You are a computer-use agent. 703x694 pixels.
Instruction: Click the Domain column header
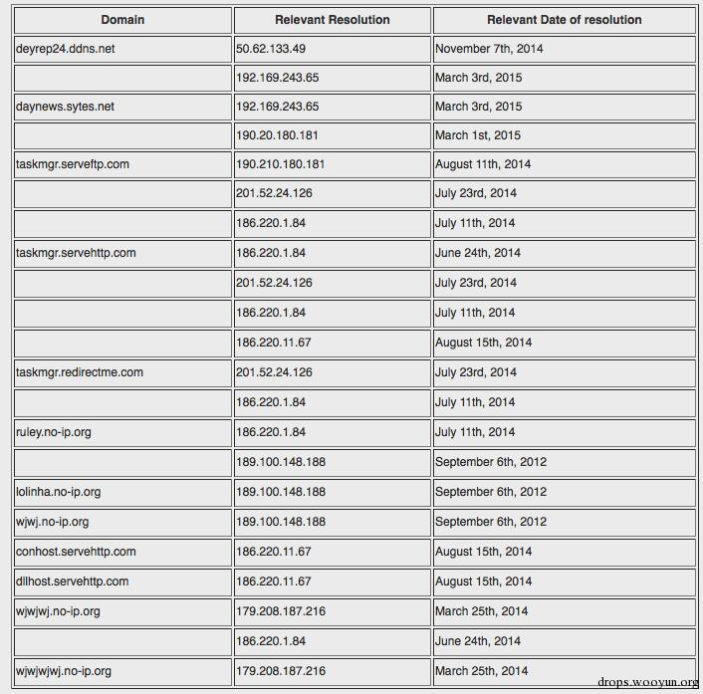point(122,20)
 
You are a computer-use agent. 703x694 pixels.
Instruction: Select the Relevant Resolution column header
point(333,20)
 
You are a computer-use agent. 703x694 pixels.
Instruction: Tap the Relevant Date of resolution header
point(564,20)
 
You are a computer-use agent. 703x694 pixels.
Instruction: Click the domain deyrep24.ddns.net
point(66,49)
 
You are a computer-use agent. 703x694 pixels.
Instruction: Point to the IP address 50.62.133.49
point(271,49)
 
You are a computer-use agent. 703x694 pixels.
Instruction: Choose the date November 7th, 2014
point(489,49)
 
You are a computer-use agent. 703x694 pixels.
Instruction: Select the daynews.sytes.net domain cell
point(65,107)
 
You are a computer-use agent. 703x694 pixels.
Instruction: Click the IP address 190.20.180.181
point(278,135)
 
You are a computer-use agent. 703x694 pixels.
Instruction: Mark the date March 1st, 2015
point(478,135)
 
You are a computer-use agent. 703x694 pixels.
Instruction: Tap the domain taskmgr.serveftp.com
point(73,164)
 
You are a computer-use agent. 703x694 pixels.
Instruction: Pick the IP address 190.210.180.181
point(281,164)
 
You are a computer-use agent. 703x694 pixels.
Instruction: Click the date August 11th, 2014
point(483,164)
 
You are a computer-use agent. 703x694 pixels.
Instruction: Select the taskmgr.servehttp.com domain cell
point(76,253)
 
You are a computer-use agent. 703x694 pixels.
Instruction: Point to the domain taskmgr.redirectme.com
point(80,372)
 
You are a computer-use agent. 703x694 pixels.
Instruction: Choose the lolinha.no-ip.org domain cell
point(59,492)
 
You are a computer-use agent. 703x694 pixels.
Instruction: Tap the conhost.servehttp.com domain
point(76,552)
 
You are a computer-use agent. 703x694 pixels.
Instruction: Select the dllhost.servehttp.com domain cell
point(73,581)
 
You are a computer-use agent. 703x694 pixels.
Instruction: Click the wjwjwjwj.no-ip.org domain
point(64,671)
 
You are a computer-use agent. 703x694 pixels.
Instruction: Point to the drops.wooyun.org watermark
point(648,682)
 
